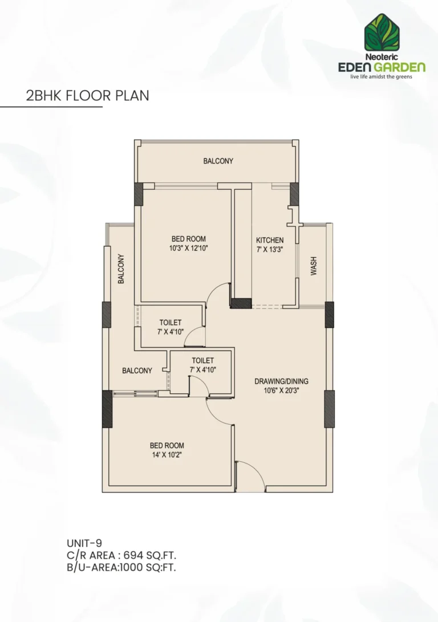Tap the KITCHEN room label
[270, 241]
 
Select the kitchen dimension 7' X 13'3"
[270, 250]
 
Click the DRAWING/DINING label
[281, 381]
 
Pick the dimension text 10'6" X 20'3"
[281, 391]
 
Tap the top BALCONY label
[218, 161]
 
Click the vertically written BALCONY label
[121, 269]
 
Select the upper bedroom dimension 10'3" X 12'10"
[188, 248]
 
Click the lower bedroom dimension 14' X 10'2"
[167, 454]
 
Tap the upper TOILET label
[171, 323]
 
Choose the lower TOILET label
[202, 360]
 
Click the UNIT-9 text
[84, 543]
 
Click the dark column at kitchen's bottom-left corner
[241, 303]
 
